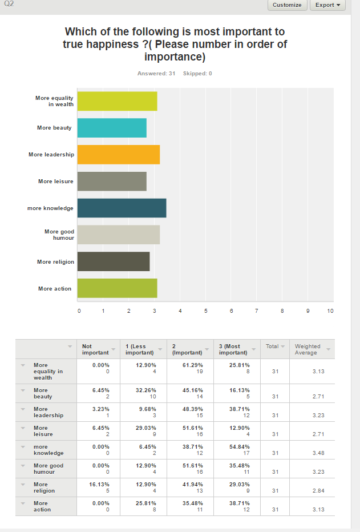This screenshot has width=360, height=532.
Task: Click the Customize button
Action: coord(287,5)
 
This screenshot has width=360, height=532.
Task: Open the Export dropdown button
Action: coord(328,5)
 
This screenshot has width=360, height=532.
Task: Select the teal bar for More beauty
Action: coord(112,128)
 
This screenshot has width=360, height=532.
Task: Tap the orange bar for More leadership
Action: coord(118,155)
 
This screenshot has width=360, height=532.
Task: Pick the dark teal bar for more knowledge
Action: coord(122,208)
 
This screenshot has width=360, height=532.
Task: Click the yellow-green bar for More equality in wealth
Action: coord(117,101)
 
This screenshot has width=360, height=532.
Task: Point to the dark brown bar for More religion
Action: coord(113,261)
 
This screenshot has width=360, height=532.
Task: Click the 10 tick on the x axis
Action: coord(330,311)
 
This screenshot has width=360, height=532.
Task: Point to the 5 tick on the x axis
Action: coord(205,311)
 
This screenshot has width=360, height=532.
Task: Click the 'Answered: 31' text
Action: coord(156,74)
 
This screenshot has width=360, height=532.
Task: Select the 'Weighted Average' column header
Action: coord(308,349)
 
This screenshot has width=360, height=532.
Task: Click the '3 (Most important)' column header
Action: coord(233,349)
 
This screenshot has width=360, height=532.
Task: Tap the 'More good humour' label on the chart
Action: coord(59,235)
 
